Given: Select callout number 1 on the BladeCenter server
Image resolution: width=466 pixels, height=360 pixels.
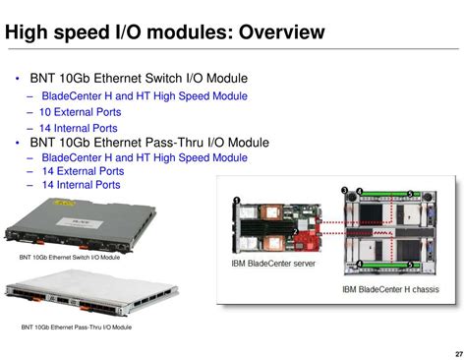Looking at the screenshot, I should [x=237, y=201].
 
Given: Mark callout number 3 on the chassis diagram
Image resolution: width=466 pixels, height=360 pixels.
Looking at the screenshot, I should [x=344, y=189].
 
